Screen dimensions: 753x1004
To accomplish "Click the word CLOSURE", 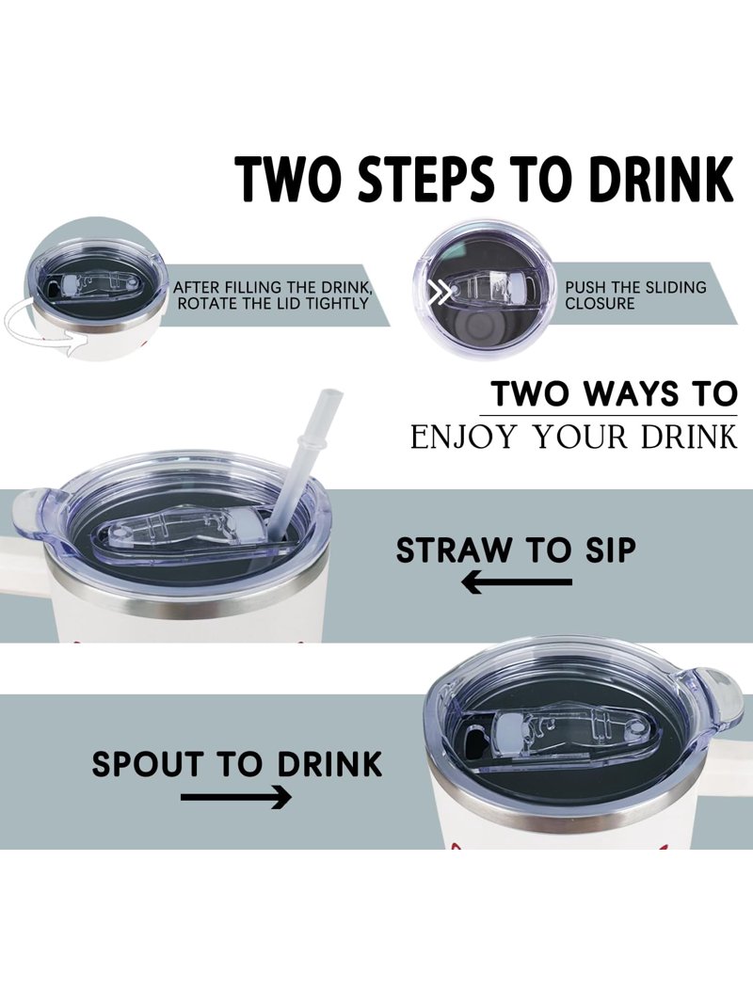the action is click(600, 303).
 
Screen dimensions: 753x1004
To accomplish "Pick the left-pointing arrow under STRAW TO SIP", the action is click(517, 582).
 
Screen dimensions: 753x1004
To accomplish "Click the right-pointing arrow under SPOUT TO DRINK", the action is click(236, 797).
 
